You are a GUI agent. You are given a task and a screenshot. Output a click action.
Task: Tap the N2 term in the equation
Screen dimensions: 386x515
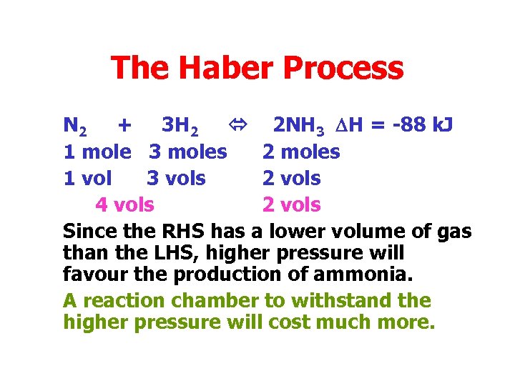click(x=75, y=127)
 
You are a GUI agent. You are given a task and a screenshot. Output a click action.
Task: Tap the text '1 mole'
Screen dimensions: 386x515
click(x=97, y=152)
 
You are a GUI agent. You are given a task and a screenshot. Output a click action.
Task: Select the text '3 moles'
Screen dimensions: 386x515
click(x=188, y=152)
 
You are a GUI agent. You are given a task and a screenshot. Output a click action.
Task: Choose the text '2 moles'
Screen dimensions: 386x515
click(x=301, y=152)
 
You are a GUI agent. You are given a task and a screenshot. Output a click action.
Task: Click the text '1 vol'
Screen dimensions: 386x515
click(x=87, y=178)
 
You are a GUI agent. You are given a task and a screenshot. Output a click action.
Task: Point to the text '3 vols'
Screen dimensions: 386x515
click(x=176, y=178)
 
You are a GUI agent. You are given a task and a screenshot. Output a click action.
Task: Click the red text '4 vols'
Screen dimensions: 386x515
click(x=124, y=204)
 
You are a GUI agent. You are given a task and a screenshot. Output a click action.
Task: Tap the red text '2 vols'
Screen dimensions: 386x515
click(x=292, y=204)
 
